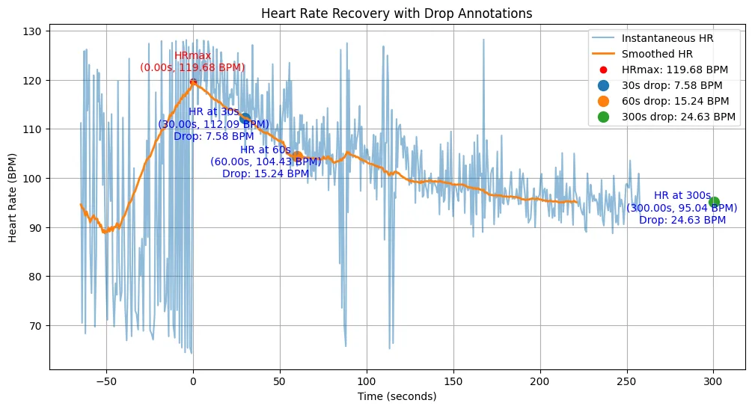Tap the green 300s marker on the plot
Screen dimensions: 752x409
coord(714,203)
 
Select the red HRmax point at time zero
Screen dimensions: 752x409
coord(193,82)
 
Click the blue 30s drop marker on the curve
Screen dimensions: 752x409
coord(245,119)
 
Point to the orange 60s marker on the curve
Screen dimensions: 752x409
coord(297,156)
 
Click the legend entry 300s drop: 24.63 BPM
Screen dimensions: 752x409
coord(666,117)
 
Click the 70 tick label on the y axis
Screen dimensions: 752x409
coord(35,326)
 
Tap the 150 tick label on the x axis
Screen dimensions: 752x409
coord(453,381)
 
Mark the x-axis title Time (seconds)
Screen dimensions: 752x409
coord(397,396)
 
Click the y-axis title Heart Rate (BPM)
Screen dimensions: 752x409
coord(12,198)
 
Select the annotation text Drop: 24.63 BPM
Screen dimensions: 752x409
coord(682,220)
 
